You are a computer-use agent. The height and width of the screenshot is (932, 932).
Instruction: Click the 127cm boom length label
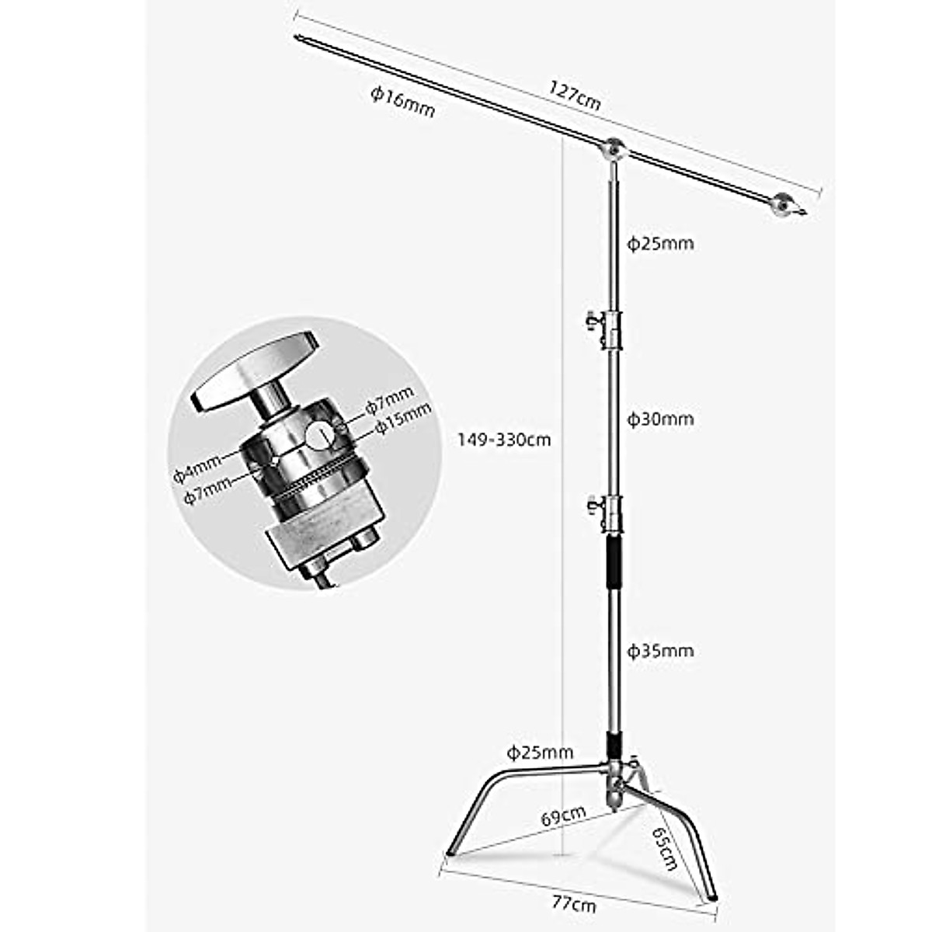(574, 94)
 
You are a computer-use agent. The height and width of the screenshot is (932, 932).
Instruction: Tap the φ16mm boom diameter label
(402, 102)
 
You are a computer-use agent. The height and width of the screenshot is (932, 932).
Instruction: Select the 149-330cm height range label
(504, 440)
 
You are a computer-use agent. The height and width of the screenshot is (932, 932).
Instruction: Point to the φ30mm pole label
(660, 419)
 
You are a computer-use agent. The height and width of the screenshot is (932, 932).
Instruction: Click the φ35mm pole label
(660, 650)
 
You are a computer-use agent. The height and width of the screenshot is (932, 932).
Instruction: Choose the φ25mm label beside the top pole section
(660, 244)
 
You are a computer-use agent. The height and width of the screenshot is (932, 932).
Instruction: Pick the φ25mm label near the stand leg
(541, 752)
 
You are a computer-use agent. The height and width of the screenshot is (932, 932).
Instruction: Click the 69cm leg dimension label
(563, 816)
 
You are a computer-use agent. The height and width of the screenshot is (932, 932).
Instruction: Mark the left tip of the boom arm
(298, 36)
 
